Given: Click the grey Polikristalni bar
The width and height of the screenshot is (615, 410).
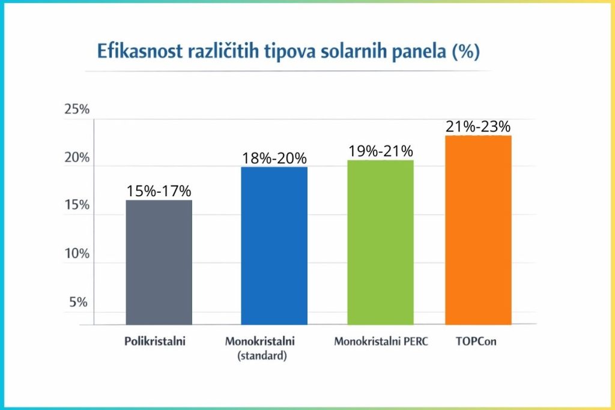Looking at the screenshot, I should [159, 262].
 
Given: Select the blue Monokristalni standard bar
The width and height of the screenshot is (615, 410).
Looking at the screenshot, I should [274, 246].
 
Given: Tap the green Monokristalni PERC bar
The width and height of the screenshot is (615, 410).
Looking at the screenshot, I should [381, 243].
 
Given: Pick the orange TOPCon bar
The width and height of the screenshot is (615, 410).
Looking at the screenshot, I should [478, 230].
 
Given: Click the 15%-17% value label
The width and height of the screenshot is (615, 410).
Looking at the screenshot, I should [159, 191].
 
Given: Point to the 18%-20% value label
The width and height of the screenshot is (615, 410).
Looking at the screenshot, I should [274, 158].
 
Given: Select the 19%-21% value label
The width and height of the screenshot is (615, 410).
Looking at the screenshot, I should [381, 151].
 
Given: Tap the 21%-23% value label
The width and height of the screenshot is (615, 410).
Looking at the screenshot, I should [478, 127].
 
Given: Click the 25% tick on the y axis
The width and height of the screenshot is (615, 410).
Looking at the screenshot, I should [76, 110].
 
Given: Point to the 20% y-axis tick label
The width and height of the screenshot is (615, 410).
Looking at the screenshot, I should [76, 158].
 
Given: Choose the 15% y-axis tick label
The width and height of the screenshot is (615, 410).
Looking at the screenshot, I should [76, 205].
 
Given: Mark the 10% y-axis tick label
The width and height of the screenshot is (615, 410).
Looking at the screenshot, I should [76, 254].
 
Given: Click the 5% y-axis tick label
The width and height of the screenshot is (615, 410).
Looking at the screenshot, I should [79, 302].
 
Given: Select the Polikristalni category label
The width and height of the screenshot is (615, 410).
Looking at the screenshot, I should [155, 342].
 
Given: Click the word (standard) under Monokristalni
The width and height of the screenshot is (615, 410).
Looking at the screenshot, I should [262, 356].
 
